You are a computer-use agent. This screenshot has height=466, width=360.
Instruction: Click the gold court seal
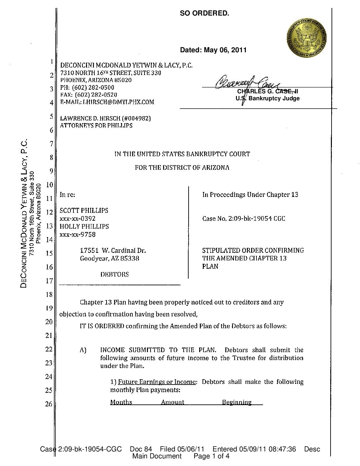click(x=307, y=37)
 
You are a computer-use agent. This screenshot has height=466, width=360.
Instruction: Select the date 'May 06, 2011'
click(x=225, y=50)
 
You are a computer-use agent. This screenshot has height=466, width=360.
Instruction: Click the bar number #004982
click(x=136, y=118)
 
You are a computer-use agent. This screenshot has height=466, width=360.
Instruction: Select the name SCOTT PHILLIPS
click(x=84, y=210)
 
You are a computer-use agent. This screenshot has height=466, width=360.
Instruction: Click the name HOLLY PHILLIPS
click(x=84, y=226)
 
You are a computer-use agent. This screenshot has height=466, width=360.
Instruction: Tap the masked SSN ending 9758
click(x=77, y=234)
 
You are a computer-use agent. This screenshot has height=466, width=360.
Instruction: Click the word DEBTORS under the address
click(x=114, y=274)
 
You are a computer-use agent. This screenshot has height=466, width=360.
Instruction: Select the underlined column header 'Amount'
click(x=173, y=402)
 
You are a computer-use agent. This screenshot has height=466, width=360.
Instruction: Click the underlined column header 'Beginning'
click(x=237, y=402)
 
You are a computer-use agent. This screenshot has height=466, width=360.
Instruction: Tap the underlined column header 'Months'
click(x=121, y=402)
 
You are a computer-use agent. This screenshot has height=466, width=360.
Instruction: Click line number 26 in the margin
click(x=49, y=404)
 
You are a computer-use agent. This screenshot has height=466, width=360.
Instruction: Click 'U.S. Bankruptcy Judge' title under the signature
click(x=267, y=98)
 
